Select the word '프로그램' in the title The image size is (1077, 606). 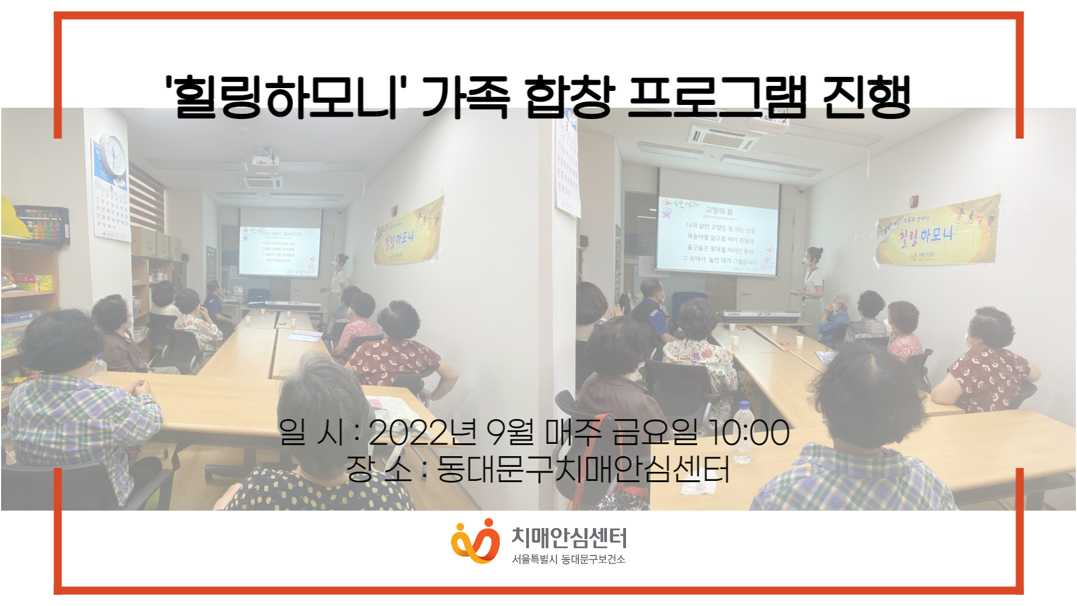717,97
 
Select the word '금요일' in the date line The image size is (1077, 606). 654,433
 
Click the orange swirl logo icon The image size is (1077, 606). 475,541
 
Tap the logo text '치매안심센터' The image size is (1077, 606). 569,538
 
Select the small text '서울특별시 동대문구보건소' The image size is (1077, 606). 568,559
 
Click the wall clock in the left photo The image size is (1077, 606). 114,155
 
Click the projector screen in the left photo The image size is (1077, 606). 280,242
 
